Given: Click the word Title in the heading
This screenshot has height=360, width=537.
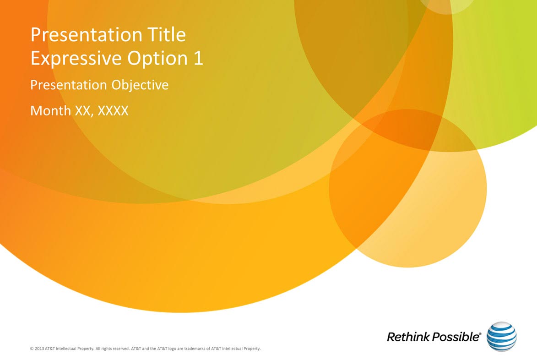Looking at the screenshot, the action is [x=167, y=35].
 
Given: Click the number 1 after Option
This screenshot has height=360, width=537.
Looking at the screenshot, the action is [x=199, y=58].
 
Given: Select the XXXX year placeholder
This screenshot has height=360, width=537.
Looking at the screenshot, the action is [x=113, y=111].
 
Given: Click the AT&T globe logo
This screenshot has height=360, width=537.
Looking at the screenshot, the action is [x=501, y=336].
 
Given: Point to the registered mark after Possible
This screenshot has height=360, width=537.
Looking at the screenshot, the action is [x=480, y=333].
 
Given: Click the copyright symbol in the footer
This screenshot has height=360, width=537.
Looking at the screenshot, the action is [x=32, y=349].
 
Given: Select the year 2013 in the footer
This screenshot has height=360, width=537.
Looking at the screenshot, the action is [x=39, y=349].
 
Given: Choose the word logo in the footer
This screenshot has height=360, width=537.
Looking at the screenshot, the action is [x=172, y=349].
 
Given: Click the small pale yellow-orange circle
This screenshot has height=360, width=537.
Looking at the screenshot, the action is [x=407, y=188].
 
